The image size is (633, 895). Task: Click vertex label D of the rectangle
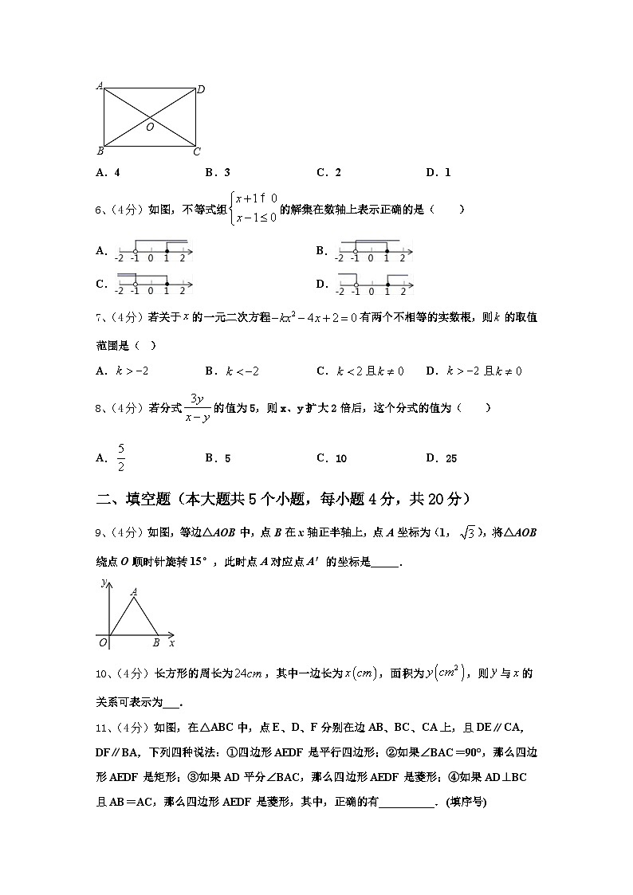click(x=201, y=90)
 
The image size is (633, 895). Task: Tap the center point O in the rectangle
click(x=149, y=126)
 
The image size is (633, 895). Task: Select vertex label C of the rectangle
click(x=197, y=151)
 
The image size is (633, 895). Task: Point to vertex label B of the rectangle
click(x=99, y=151)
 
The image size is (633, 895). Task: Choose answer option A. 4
click(x=108, y=172)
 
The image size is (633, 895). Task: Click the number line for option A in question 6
click(x=154, y=251)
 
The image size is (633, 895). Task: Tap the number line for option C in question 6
click(x=154, y=284)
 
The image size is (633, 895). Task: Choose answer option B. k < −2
click(x=232, y=371)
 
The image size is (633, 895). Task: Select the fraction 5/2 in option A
click(x=121, y=457)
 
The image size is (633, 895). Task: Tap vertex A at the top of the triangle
click(x=133, y=591)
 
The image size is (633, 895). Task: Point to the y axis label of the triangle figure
click(x=104, y=584)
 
